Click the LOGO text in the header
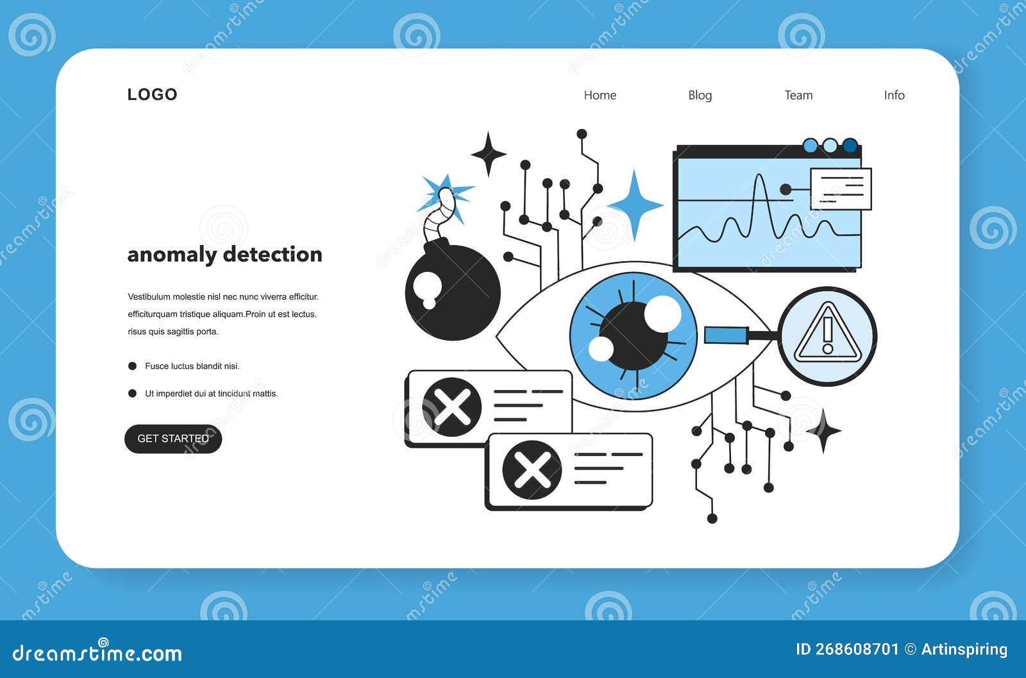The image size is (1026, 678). (152, 94)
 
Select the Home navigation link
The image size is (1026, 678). (600, 96)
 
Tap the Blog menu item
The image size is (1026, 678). (700, 96)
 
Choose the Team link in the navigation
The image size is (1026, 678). (798, 96)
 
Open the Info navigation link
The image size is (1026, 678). (894, 96)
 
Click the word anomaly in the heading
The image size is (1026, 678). (172, 255)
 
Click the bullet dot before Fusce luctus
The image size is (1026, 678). (132, 366)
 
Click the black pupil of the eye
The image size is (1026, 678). (633, 336)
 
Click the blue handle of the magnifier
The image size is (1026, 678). (727, 335)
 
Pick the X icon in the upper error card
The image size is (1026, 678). (451, 407)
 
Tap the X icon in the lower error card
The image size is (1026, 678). (532, 470)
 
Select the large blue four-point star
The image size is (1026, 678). (634, 205)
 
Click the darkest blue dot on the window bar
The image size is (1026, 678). (850, 145)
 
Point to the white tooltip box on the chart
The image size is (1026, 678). (841, 189)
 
